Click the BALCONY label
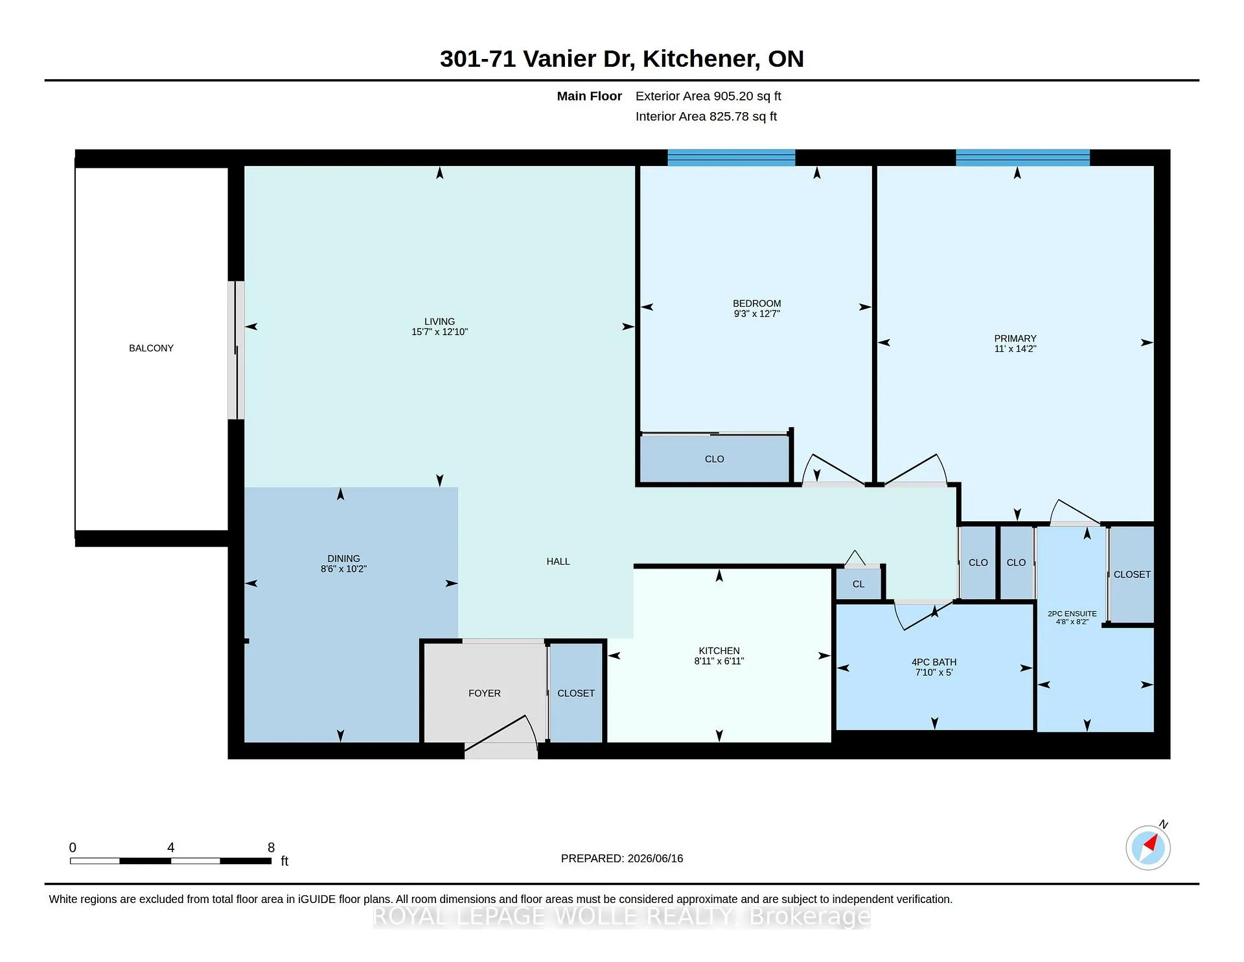[x=151, y=348]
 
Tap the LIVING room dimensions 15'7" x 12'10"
[x=439, y=332]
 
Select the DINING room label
[x=343, y=559]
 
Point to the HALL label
[x=558, y=561]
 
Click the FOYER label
[x=485, y=693]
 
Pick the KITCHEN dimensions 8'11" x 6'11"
[x=719, y=661]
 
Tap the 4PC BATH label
[x=934, y=662]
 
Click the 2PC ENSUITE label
[x=1072, y=613]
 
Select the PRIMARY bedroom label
[x=1015, y=338]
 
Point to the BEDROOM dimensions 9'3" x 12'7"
[x=757, y=314]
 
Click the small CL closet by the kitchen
[x=858, y=584]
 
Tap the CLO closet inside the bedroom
[x=715, y=459]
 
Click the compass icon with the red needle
[x=1148, y=847]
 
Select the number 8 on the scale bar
[x=271, y=847]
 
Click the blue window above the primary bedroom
[x=1022, y=158]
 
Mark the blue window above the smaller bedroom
[x=731, y=158]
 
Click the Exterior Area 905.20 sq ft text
[x=708, y=96]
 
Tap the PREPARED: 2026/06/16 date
[x=622, y=858]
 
